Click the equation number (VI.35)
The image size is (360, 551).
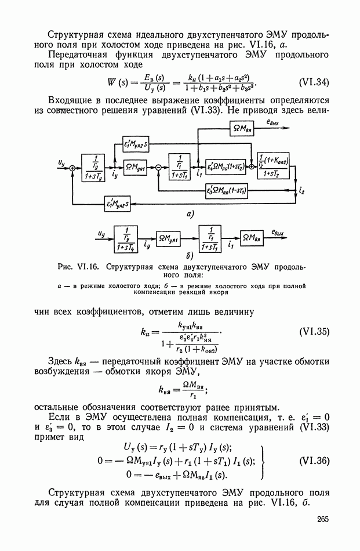pos(312,333)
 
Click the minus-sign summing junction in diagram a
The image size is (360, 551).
pos(158,168)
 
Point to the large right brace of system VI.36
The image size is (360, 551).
pos(265,461)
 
